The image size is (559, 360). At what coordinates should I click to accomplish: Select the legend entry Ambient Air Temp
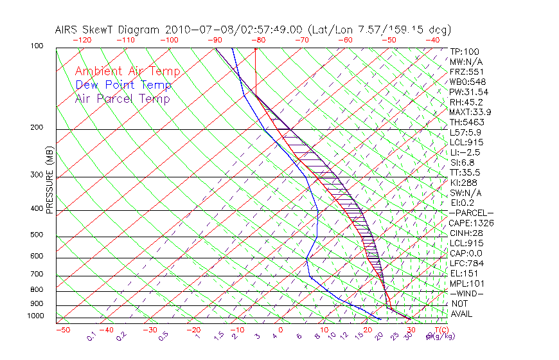(x=127, y=72)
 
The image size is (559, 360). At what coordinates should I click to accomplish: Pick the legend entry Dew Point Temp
(x=123, y=85)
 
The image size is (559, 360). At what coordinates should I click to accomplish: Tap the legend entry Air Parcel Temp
(x=122, y=99)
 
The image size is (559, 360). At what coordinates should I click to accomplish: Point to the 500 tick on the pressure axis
(x=37, y=235)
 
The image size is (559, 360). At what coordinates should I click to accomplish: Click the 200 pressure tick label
(x=37, y=128)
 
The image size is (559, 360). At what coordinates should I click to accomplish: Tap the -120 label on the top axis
(x=82, y=40)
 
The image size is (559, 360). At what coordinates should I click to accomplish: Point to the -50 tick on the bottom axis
(x=62, y=330)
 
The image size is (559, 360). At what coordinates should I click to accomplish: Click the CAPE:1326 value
(x=471, y=223)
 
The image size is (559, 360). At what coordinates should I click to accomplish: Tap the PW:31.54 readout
(x=468, y=92)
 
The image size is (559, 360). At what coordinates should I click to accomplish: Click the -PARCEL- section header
(x=471, y=213)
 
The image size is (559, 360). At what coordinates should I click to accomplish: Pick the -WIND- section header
(x=466, y=293)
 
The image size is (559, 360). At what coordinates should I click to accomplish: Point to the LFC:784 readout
(x=466, y=264)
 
